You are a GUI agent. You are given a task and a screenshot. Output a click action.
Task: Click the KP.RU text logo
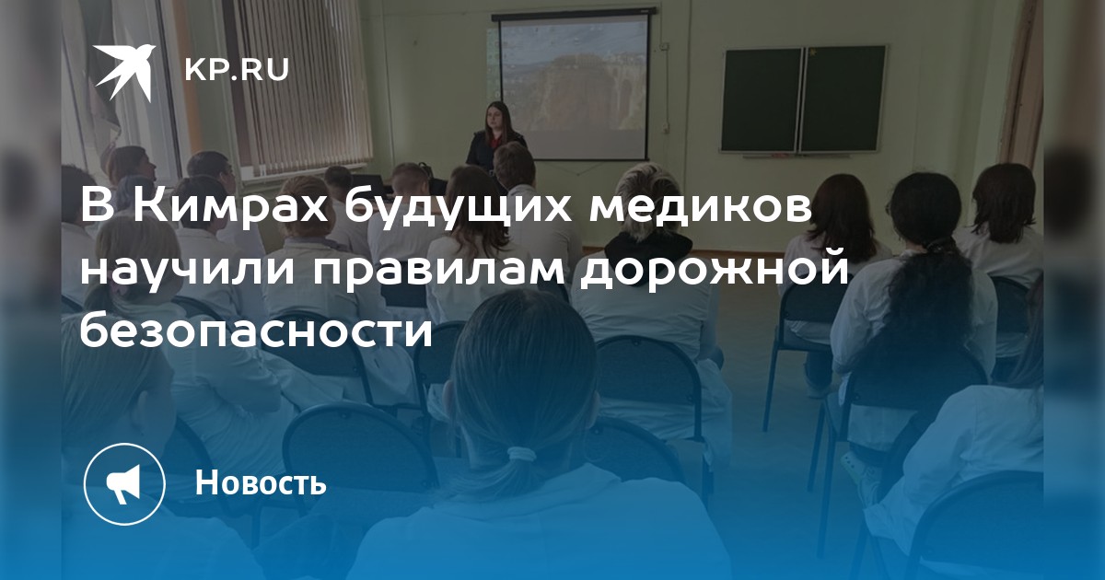point(237,70)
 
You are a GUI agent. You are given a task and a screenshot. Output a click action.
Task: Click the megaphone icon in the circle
point(124,483)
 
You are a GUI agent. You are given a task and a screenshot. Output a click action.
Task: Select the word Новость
point(261,481)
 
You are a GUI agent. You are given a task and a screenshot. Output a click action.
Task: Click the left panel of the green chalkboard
point(762,99)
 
